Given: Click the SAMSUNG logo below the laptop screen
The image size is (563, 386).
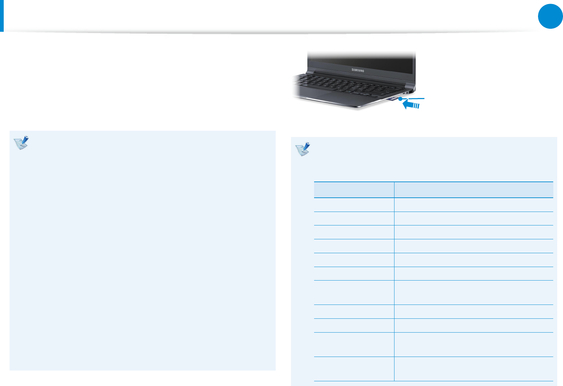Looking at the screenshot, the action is [x=358, y=70].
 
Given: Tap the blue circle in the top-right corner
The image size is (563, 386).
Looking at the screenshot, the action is [x=550, y=16].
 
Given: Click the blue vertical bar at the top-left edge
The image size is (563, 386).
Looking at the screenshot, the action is [x=2, y=16].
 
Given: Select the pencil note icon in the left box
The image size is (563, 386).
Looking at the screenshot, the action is [x=21, y=143].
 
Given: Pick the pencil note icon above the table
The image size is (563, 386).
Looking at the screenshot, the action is [x=303, y=149].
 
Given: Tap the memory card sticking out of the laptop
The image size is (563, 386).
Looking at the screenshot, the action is [x=392, y=99].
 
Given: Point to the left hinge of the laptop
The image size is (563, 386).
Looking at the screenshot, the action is [x=310, y=72].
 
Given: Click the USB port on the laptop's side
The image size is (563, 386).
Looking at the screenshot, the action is [x=403, y=93].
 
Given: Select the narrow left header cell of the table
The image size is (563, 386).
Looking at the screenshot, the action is [x=354, y=190].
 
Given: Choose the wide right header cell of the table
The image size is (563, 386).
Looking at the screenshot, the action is [x=474, y=190].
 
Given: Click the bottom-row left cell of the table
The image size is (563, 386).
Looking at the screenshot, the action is [x=354, y=369].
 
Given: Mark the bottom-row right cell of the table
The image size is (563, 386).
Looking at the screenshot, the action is [x=474, y=369].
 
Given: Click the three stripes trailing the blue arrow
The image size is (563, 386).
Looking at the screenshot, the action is [x=417, y=106].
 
